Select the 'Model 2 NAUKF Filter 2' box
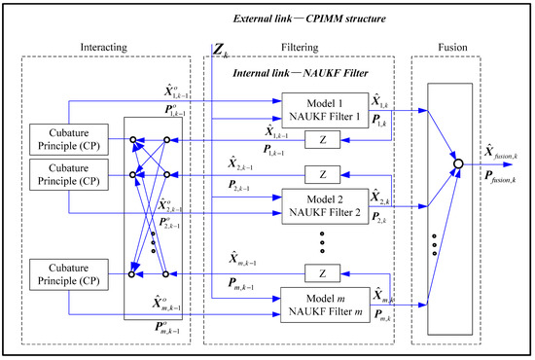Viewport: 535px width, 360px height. click(x=320, y=205)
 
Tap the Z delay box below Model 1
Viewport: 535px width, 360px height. click(x=321, y=140)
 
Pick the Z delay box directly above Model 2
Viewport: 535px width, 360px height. click(x=321, y=174)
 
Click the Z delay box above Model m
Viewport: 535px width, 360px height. click(x=321, y=271)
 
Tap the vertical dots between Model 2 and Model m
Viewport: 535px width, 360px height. click(x=321, y=238)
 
